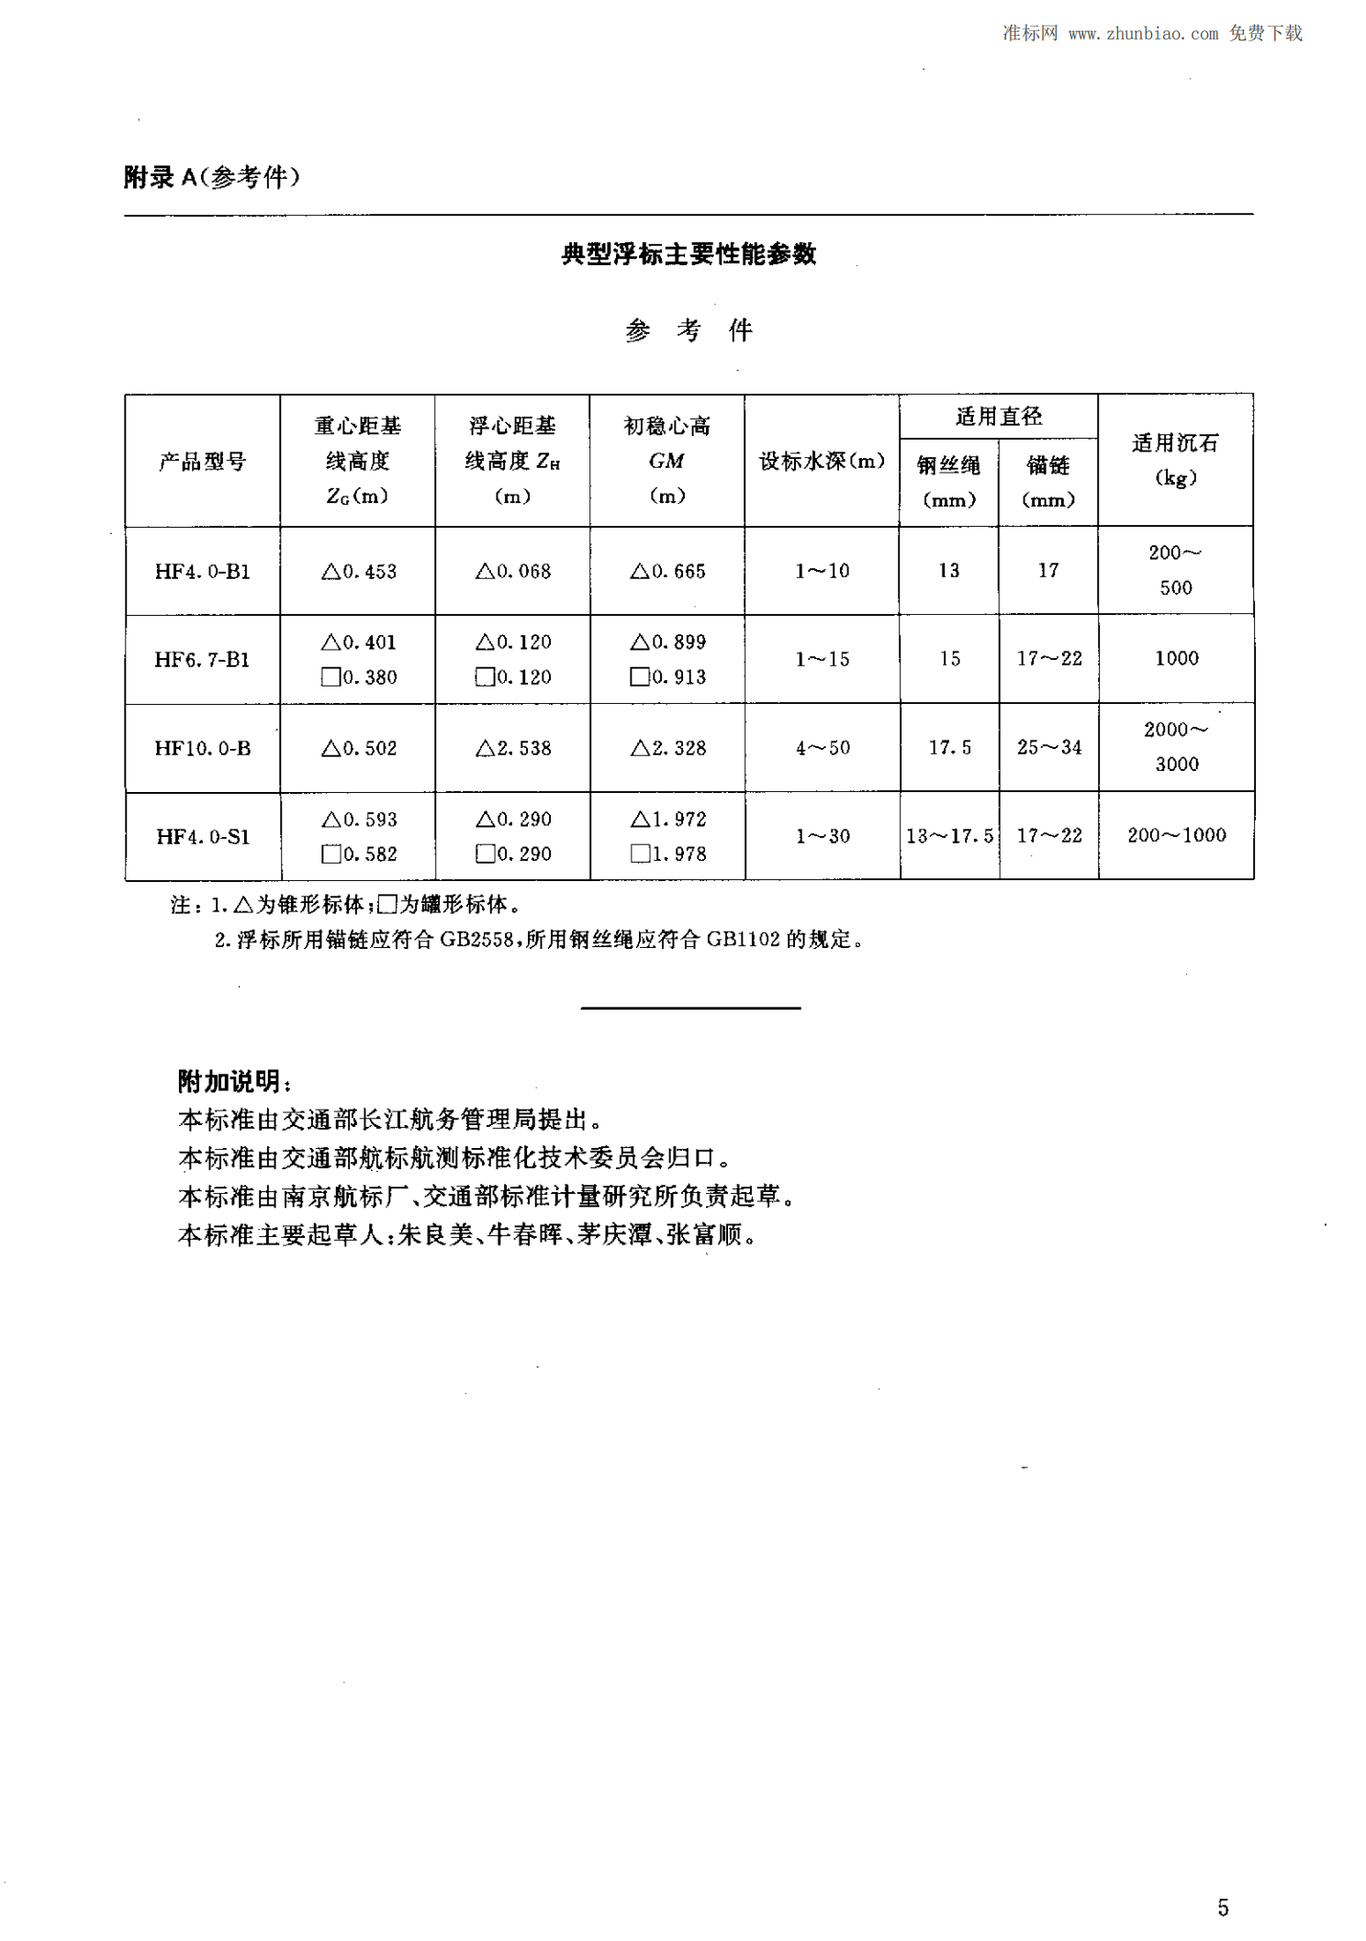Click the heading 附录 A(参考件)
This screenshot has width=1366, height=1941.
(211, 176)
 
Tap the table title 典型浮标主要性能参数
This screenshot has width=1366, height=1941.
(689, 254)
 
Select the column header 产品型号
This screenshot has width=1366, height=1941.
(202, 461)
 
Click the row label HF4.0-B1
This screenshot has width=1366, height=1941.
(202, 571)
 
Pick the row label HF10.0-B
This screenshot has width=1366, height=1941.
(202, 748)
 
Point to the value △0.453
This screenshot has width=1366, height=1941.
(358, 571)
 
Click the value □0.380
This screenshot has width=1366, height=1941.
(358, 677)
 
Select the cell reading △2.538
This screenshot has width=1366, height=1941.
(513, 748)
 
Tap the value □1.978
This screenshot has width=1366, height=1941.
(668, 853)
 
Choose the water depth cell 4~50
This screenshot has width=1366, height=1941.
(823, 748)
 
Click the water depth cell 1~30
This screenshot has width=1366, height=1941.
(823, 836)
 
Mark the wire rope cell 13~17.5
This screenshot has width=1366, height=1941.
(949, 836)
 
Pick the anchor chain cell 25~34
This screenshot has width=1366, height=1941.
(1048, 747)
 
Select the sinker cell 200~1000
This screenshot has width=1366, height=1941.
(1176, 835)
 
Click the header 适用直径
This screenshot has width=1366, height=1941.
(998, 417)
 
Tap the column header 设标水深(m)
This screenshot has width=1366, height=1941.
(822, 461)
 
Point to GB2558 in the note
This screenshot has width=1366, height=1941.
(476, 939)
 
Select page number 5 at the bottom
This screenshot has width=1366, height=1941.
(1223, 1907)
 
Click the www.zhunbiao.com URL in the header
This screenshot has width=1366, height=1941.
(1143, 34)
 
